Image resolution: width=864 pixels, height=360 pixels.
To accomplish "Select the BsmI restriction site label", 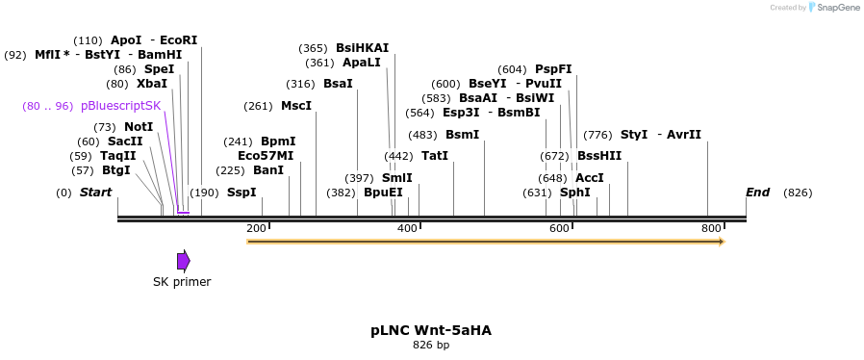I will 462,135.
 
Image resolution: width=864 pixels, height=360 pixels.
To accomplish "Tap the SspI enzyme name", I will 241,193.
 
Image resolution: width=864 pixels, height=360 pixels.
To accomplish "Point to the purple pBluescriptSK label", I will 120,106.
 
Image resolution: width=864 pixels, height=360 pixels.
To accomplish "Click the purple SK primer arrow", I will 183,260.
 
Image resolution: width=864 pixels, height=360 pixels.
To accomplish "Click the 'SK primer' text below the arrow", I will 182,282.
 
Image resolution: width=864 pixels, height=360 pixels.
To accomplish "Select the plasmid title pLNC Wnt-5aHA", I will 431,330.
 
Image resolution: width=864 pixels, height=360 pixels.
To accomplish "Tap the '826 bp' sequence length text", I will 431,345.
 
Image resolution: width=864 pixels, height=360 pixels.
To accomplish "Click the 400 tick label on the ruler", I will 407,228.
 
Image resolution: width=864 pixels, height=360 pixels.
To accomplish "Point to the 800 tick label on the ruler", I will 711,228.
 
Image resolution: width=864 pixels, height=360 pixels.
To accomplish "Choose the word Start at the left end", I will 95,193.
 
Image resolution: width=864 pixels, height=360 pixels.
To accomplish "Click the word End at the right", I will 757,193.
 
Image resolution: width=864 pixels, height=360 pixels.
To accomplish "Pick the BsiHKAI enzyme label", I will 362,48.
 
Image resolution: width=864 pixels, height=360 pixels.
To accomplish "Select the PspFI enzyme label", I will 553,69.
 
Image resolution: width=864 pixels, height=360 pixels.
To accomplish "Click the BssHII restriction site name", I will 599,156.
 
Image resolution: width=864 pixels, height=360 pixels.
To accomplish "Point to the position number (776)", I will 597,135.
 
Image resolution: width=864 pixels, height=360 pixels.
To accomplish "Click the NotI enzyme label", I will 138,127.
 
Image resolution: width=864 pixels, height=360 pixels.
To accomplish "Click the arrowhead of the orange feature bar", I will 720,241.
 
